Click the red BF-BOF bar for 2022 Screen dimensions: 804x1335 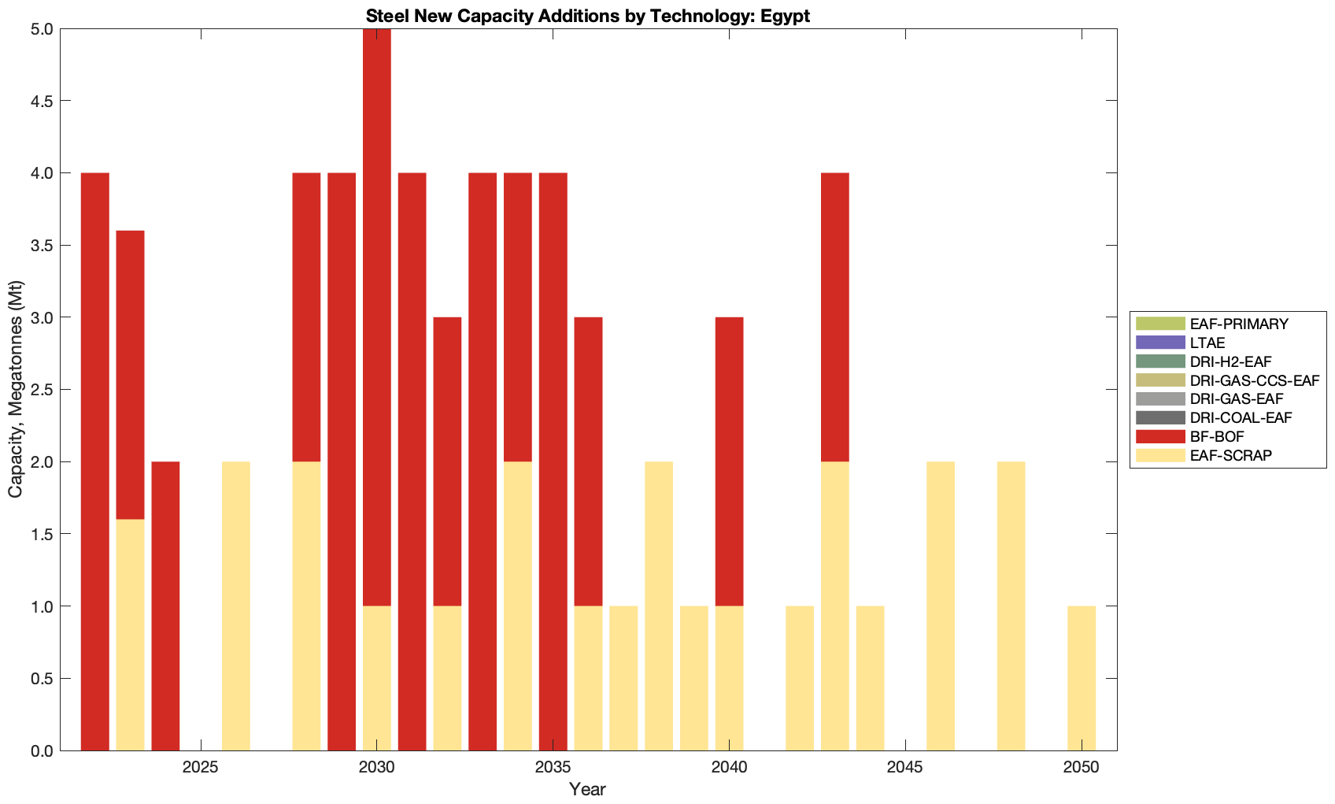95,461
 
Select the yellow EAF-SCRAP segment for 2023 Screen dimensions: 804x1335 131,635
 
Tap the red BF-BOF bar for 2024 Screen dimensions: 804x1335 165,606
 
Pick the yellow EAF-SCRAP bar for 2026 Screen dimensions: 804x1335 236,606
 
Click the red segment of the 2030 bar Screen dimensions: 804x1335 377,317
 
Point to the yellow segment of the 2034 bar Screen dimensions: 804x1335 518,606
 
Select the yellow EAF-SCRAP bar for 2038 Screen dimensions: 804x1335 659,606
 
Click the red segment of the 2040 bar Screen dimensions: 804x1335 729,461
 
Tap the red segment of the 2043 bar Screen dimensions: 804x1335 835,317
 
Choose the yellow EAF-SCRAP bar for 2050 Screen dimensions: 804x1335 1082,678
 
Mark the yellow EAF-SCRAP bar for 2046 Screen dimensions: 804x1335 941,606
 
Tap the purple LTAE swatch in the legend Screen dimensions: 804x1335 1159,342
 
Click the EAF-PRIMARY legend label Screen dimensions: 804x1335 1239,324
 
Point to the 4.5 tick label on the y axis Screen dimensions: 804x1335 37,102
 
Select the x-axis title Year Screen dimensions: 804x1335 587,789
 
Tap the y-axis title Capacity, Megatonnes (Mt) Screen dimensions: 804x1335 16,389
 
